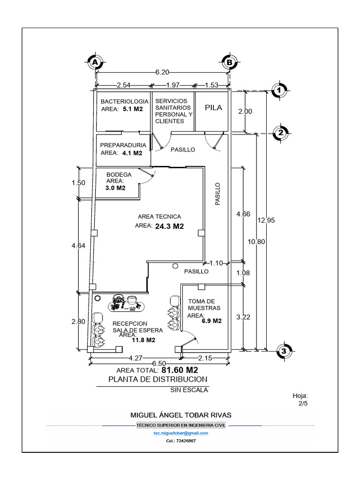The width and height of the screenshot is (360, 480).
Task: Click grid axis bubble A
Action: coord(95,62)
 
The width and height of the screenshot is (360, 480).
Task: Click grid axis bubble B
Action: coord(229,62)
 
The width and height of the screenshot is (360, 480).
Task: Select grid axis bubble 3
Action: coord(284,350)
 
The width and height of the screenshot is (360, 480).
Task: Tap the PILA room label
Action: coord(213,107)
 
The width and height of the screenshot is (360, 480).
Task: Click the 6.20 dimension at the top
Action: coord(162,72)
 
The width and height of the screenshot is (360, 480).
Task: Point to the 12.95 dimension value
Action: coord(265,220)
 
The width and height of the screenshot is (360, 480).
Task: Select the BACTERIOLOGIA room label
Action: coord(124,101)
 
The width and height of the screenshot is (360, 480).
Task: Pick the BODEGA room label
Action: coord(119,174)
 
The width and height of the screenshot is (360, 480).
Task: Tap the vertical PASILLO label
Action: coord(217,194)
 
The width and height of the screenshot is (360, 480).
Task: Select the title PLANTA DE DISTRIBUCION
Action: coord(157,379)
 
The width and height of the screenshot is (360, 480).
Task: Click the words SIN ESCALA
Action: coord(189,390)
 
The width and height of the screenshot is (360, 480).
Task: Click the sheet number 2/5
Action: coord(302,403)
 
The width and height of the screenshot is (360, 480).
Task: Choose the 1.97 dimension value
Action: coord(173,85)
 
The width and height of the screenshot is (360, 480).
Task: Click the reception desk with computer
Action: coord(127,303)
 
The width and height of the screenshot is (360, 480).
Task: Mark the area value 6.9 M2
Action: coord(211,322)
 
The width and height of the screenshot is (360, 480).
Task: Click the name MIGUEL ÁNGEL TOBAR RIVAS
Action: coord(180,415)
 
